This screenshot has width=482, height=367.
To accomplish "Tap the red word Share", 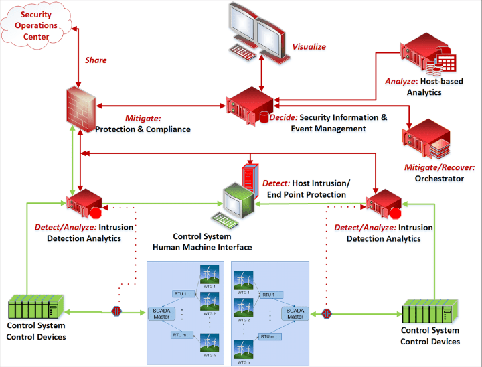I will [x=95, y=60].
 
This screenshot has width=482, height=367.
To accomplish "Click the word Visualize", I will [x=309, y=47].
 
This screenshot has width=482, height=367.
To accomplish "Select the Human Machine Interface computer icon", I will [x=234, y=198].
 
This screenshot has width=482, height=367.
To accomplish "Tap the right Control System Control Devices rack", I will [x=428, y=312].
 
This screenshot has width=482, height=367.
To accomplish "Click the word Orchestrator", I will [x=439, y=179].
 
